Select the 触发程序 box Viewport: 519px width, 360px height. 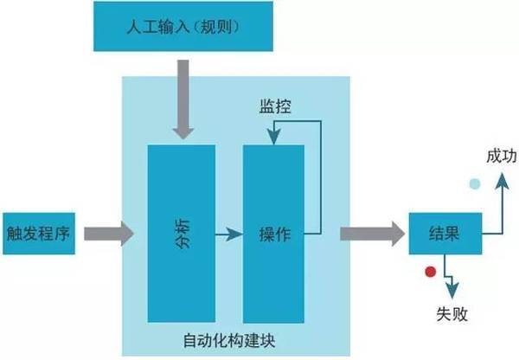click(38, 232)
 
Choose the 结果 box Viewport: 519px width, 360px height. click(444, 233)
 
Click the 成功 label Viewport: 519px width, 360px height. click(501, 155)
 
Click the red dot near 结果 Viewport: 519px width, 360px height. click(429, 273)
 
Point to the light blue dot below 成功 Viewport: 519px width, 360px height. click(474, 183)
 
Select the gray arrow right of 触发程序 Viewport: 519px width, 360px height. click(108, 232)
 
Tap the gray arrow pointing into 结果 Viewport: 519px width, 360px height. click(372, 232)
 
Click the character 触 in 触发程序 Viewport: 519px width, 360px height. click(13, 232)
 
